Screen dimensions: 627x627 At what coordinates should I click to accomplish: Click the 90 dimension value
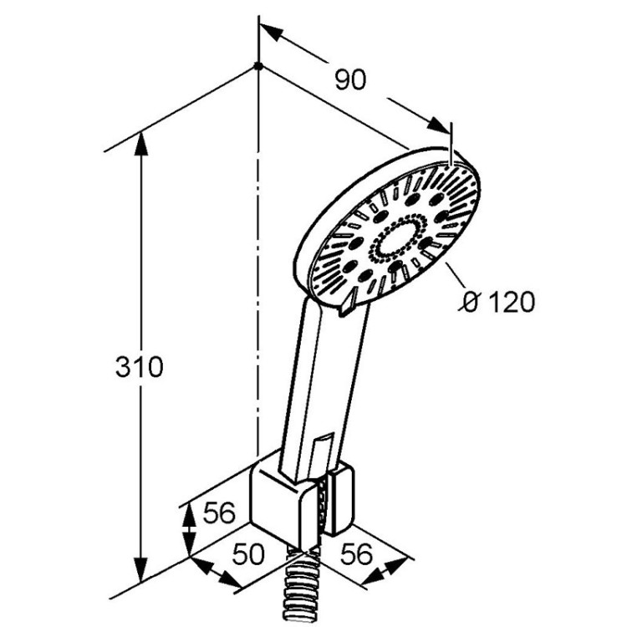(351, 80)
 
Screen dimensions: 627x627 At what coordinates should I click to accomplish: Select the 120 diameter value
(509, 301)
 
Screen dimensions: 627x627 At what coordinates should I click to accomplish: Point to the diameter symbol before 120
(471, 301)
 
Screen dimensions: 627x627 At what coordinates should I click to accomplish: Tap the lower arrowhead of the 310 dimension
(141, 585)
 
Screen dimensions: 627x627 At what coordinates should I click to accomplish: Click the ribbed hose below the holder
(299, 585)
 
